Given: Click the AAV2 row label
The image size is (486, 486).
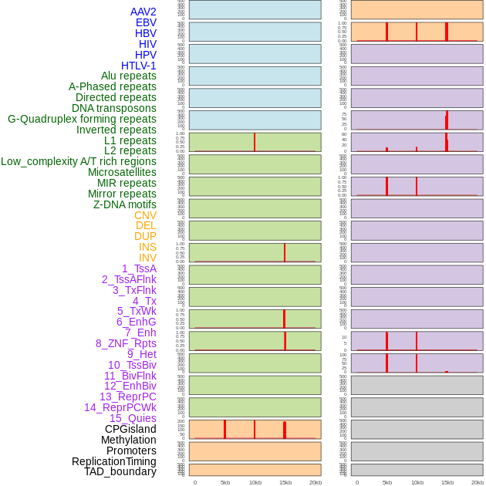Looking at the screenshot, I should click(x=143, y=12).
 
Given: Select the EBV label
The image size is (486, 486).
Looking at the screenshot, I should click(x=146, y=22).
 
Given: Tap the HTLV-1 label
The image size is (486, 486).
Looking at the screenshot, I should click(x=138, y=66).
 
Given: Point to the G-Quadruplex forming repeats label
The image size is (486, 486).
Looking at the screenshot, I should click(x=82, y=119).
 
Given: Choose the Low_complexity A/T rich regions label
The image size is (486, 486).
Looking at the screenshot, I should click(x=79, y=161).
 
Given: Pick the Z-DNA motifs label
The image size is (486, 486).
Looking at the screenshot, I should click(x=124, y=204).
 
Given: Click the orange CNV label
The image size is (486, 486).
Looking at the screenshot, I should click(x=145, y=215).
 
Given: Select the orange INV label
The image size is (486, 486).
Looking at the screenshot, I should click(x=147, y=258).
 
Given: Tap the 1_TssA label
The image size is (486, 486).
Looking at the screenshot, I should click(x=139, y=268).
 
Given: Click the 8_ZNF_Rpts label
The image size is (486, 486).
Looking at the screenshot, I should click(x=126, y=343).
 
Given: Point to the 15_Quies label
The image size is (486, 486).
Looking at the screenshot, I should click(x=133, y=418).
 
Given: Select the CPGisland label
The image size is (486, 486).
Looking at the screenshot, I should click(x=130, y=429).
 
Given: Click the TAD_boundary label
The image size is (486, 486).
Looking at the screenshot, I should click(x=120, y=471).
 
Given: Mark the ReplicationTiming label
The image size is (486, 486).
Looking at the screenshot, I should click(x=114, y=461).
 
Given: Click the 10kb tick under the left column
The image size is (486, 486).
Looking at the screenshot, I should click(x=255, y=482).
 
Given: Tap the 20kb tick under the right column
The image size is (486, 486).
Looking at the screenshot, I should click(x=478, y=482).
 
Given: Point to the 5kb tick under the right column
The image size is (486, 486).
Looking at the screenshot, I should click(x=386, y=482).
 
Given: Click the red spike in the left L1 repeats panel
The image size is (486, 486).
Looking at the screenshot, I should click(x=255, y=142).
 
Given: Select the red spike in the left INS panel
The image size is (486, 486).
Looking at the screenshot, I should click(x=285, y=252).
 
